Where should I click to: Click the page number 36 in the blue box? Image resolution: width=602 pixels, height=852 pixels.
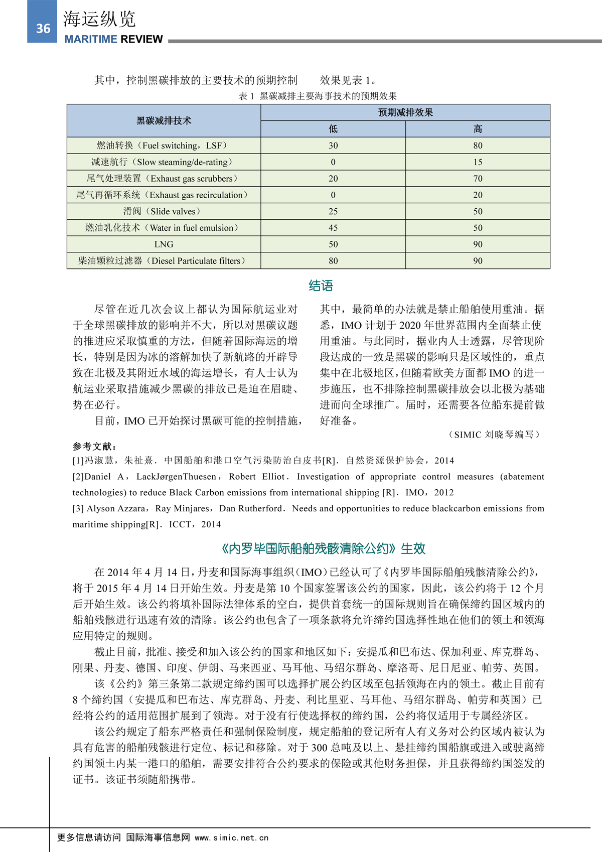coord(43,29)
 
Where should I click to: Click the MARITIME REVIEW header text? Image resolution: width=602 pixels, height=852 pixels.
coord(113,39)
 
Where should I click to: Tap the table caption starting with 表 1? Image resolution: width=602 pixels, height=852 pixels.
coord(318,96)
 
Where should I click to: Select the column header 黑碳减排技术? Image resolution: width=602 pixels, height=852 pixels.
coord(164,121)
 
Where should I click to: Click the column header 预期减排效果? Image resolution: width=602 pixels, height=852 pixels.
coord(405,112)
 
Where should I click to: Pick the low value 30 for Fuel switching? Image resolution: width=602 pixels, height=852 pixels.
coord(333,146)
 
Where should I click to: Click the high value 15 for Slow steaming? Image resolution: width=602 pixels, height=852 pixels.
coord(478,162)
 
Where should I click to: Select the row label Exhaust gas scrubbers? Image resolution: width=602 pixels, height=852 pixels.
coord(162,179)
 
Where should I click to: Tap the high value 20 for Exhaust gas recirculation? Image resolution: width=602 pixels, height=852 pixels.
coord(478,195)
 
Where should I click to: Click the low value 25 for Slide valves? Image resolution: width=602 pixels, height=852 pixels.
coord(333,211)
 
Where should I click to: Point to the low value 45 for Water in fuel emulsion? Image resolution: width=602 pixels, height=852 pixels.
coord(333,228)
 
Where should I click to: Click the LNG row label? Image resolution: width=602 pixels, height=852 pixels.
coord(164,244)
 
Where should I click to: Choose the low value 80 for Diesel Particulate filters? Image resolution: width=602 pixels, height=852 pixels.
coord(333,261)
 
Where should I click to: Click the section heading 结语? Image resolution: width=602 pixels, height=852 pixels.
coord(321,286)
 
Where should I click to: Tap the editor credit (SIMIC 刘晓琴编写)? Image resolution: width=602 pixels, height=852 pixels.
coord(494,435)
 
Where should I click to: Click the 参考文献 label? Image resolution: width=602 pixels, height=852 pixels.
coord(94,446)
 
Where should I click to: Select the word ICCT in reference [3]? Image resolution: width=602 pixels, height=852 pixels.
coord(180,524)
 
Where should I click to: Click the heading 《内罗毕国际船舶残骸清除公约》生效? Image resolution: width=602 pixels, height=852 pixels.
coord(323,548)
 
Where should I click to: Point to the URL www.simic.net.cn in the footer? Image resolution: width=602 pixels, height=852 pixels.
coord(232,837)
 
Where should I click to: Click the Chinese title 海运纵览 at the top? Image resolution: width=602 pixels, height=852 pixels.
coord(99,19)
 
